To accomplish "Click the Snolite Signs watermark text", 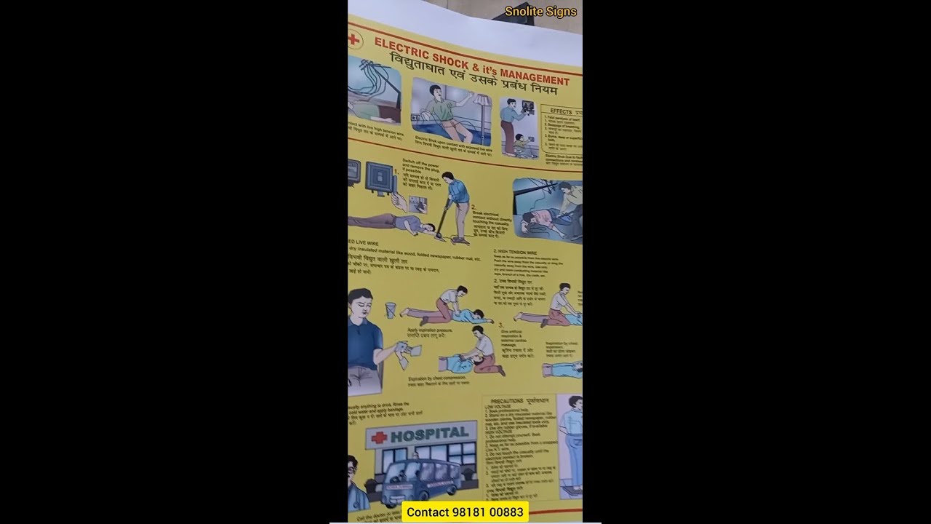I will (540, 12).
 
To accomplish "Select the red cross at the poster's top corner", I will (354, 39).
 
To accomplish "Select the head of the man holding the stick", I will (449, 179).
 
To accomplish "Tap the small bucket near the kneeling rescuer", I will (391, 310).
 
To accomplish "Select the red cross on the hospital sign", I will (378, 438).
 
